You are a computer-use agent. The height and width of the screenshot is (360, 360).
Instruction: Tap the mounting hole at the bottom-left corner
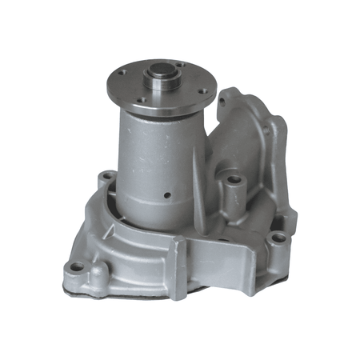click(77, 266)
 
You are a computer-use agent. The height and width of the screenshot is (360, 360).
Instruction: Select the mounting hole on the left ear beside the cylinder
click(106, 175)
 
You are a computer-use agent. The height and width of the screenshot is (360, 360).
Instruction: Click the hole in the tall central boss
click(233, 181)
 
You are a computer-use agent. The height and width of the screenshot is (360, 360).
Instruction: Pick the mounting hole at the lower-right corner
click(277, 238)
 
